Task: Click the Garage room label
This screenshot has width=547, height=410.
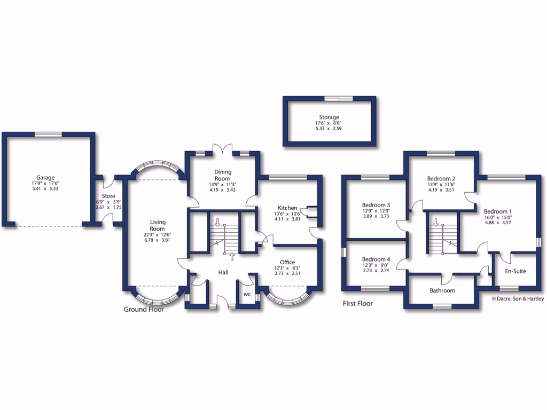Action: [45, 178]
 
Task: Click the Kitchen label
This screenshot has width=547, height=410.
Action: [287, 208]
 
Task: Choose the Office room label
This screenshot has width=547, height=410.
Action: [287, 262]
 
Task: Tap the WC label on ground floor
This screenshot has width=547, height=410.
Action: [247, 294]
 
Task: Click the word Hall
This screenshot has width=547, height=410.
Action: [223, 272]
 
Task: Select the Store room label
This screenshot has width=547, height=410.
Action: [108, 196]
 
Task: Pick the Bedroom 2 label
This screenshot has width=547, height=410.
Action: [441, 178]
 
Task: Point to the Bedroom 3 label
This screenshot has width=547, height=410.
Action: [376, 205]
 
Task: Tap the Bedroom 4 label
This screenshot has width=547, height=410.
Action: [376, 259]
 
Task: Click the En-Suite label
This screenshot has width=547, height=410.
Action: [515, 271]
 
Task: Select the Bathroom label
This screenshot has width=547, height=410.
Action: [442, 290]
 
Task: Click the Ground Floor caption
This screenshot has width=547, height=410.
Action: [144, 309]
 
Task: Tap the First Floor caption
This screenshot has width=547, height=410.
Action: [357, 303]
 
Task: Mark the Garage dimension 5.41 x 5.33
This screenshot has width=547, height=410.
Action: [45, 188]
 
